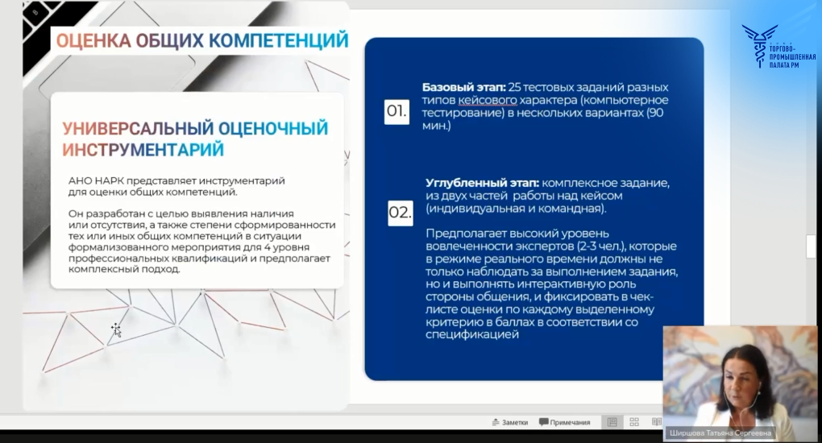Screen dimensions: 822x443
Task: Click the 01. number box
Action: (396, 111)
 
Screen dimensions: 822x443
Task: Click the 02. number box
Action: (401, 213)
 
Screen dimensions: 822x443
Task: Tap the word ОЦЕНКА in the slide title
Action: (93, 41)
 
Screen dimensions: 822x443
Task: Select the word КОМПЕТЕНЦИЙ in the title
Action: (278, 40)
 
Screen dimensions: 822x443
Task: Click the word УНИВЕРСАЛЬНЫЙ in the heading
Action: (138, 128)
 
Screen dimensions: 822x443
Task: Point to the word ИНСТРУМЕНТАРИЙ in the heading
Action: (143, 150)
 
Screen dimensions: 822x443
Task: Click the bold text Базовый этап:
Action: (464, 88)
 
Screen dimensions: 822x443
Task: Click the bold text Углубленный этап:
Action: (482, 184)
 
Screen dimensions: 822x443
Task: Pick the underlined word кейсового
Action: (488, 100)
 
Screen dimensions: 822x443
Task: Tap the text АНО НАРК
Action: (96, 181)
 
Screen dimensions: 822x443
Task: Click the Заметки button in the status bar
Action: (510, 422)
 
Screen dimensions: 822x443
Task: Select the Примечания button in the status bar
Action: (565, 422)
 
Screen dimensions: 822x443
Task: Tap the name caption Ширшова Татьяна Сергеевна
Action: (720, 433)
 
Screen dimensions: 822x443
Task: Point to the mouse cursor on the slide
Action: (116, 329)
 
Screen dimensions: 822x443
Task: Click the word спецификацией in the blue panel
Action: (472, 334)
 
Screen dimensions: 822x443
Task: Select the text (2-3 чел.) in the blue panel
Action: (600, 246)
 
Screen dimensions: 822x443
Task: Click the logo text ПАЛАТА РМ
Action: (784, 65)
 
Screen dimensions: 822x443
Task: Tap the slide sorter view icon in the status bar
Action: (634, 422)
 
